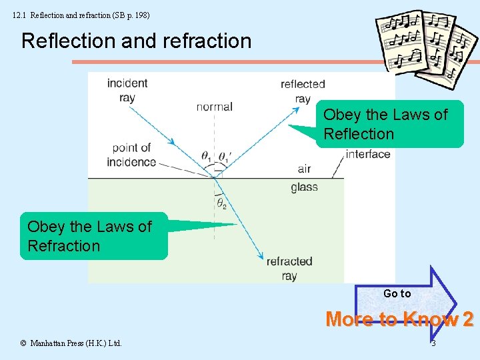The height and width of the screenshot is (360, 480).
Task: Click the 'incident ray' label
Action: [x=127, y=90]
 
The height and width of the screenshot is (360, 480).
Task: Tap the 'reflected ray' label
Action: [x=303, y=91]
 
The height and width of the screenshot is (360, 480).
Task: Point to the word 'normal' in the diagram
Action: [x=214, y=107]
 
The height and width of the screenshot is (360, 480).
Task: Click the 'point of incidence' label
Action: [x=133, y=155]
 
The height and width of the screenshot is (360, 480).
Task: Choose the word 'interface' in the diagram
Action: [x=368, y=154]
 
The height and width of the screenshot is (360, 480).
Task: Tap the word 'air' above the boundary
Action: [x=304, y=169]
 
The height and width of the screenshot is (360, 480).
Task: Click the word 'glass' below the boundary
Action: [x=304, y=187]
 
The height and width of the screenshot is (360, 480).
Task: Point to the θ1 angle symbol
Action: [x=206, y=157]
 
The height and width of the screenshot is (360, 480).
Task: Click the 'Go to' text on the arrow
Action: [x=397, y=293]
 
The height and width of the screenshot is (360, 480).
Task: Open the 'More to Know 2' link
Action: [x=399, y=320]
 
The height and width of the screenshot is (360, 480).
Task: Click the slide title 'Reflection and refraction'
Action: [x=136, y=41]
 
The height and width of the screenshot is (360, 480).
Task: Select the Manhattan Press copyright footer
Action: [x=71, y=343]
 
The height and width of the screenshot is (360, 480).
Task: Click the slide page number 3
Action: [x=433, y=343]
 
